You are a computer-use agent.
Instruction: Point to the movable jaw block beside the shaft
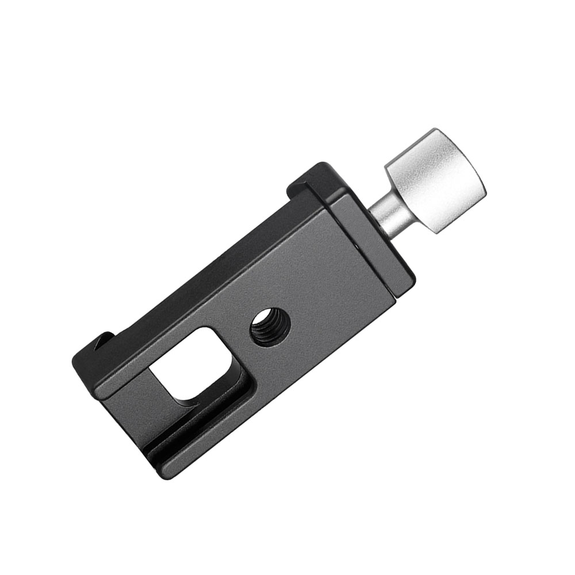[368, 241]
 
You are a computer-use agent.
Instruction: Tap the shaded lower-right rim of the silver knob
[460, 213]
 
